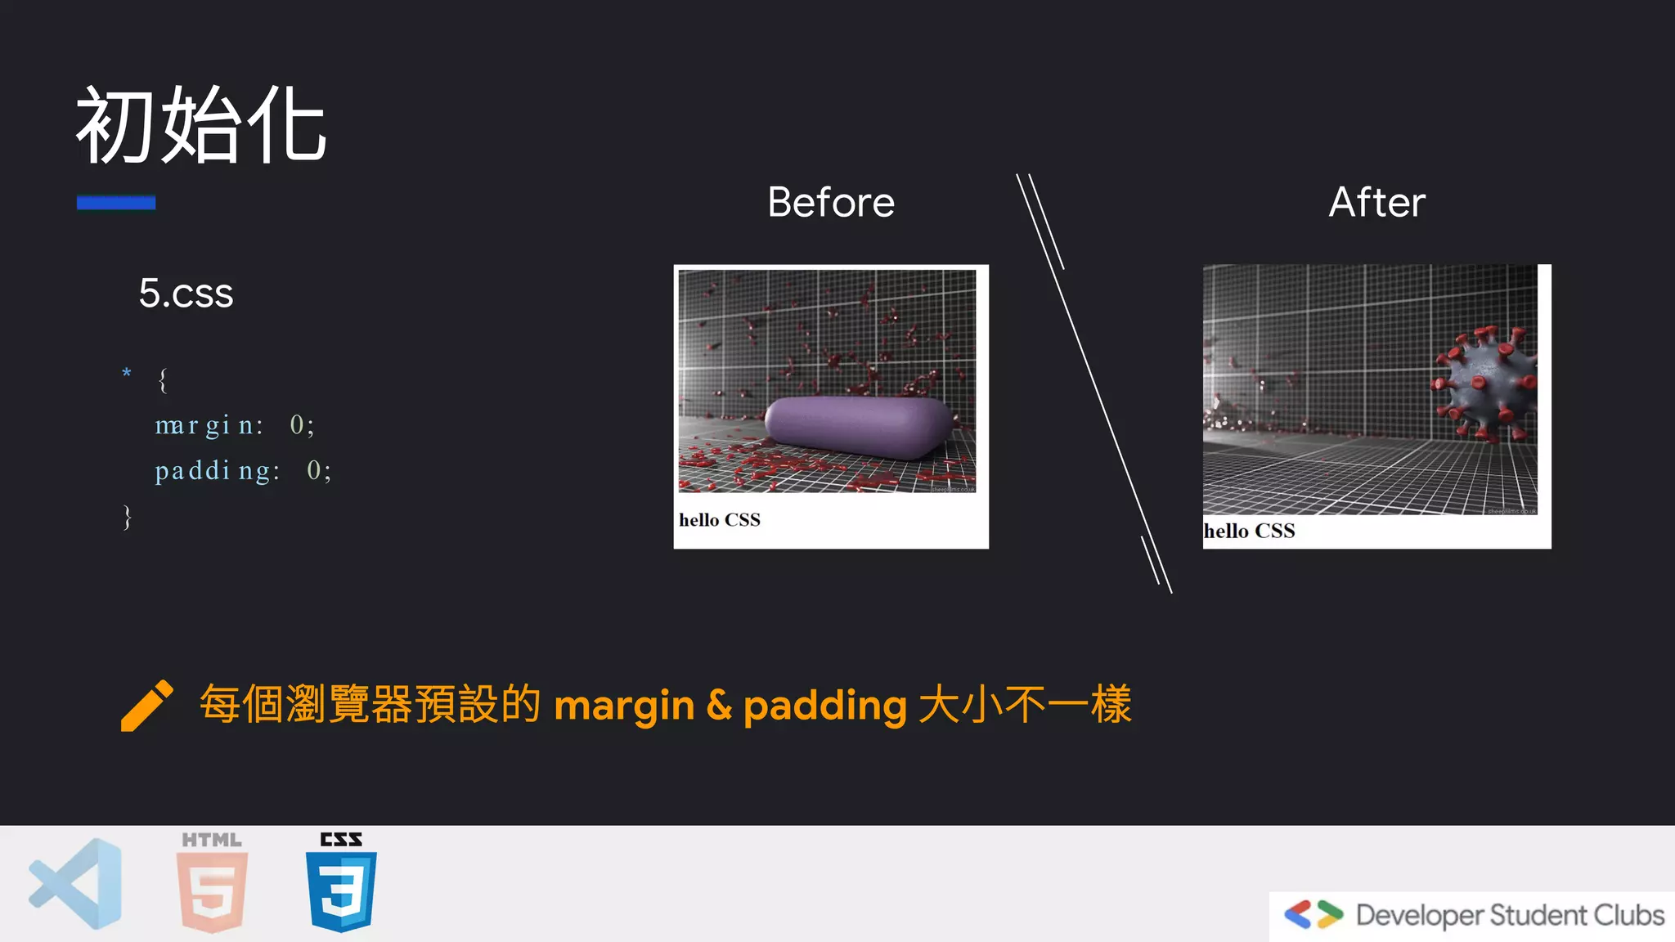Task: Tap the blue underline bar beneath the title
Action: click(x=116, y=202)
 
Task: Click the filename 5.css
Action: click(x=186, y=294)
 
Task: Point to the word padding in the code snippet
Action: click(x=217, y=471)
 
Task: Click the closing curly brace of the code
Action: click(x=128, y=517)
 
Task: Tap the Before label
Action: click(x=831, y=202)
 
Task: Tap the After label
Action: click(x=1376, y=202)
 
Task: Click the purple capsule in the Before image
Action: click(x=857, y=427)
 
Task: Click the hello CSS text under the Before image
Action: click(x=720, y=520)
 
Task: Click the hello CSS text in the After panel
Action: click(x=1249, y=532)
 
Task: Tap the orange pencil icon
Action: click(x=146, y=705)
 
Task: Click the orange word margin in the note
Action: click(x=624, y=705)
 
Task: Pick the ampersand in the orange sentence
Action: click(x=719, y=705)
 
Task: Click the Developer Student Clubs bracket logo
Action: click(x=1313, y=914)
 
